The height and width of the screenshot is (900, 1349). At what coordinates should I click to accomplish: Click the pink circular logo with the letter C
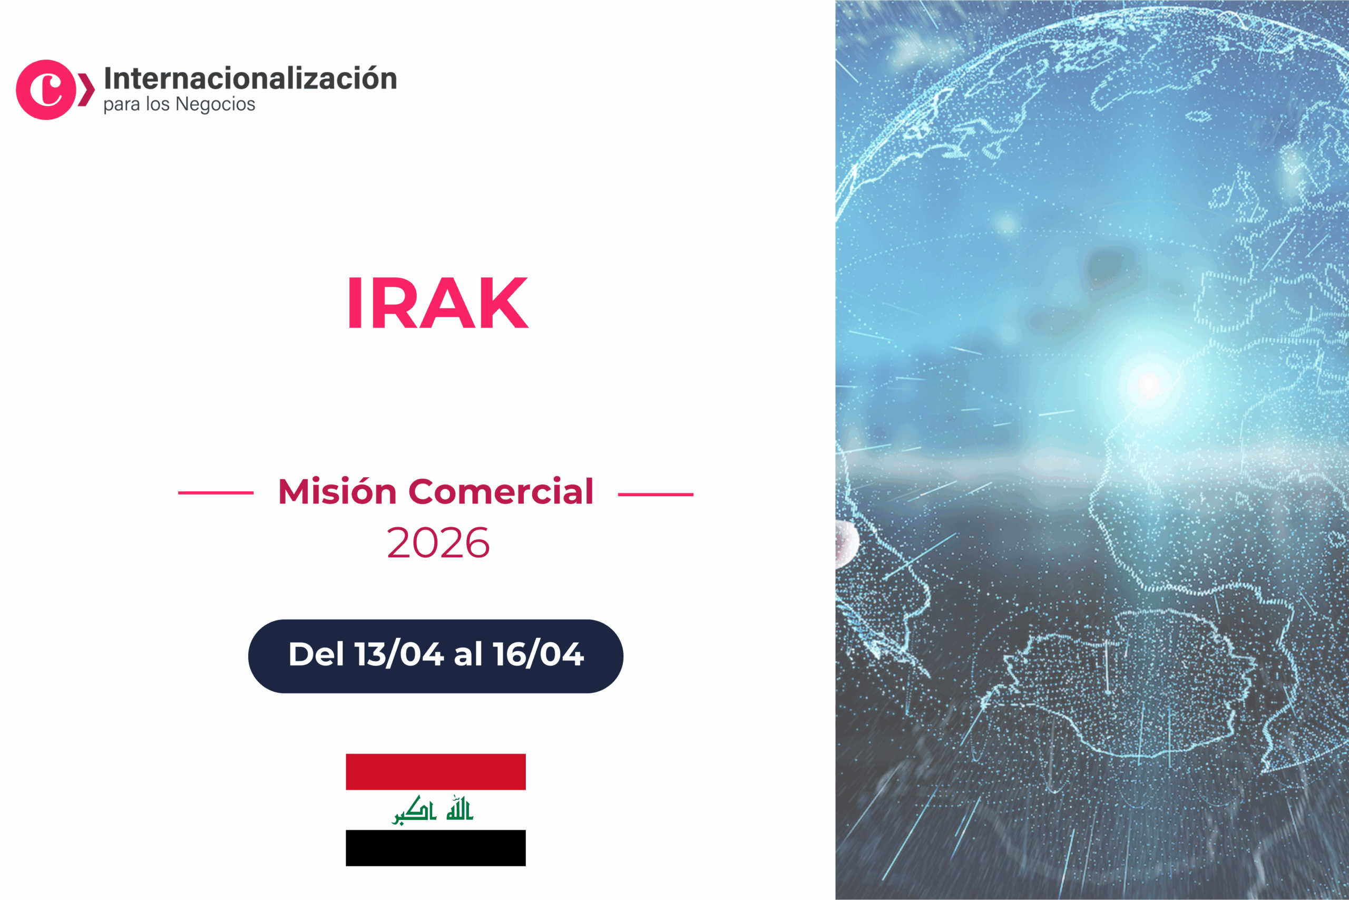(x=46, y=90)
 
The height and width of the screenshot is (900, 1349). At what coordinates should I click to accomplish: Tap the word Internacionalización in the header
(x=251, y=79)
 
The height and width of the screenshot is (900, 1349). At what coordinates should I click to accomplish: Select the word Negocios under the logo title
(x=215, y=104)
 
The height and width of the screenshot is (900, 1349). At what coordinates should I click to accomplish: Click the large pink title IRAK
(x=437, y=303)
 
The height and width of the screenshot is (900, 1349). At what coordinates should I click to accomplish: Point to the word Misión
(x=337, y=492)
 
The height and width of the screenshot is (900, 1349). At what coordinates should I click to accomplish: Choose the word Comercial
(x=500, y=492)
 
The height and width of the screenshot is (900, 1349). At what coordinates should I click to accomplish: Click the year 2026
(x=438, y=543)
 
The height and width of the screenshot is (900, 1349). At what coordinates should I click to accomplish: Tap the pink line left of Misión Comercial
(x=216, y=492)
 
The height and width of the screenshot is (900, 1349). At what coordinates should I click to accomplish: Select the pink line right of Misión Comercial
(x=656, y=493)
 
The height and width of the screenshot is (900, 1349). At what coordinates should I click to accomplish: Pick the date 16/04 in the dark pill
(x=538, y=654)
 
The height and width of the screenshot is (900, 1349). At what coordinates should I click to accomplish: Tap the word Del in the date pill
(x=316, y=654)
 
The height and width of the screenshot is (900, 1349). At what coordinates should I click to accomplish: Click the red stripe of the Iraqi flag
(x=435, y=772)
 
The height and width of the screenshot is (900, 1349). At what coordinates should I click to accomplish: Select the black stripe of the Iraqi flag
(x=435, y=848)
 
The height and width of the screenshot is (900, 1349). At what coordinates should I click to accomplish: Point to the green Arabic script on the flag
(x=433, y=810)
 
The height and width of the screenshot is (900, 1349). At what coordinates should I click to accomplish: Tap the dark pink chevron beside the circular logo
(x=86, y=90)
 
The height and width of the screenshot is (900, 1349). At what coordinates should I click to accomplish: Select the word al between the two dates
(x=468, y=654)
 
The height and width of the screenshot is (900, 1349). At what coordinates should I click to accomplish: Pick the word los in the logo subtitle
(x=158, y=104)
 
